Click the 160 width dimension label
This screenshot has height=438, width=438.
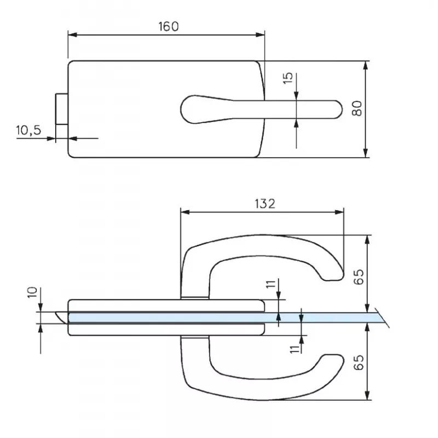pyautogui.click(x=168, y=27)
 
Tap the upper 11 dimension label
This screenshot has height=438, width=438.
pyautogui.click(x=270, y=285)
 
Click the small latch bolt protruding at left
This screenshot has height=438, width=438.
pyautogui.click(x=61, y=109)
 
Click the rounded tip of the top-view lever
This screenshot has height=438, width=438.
pyautogui.click(x=336, y=108)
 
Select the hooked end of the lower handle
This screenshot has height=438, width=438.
pyautogui.click(x=331, y=360)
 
